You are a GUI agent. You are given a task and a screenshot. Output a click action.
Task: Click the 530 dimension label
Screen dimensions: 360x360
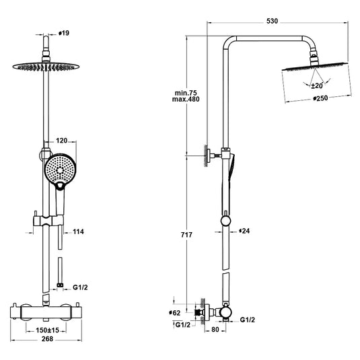pyautogui.click(x=272, y=22)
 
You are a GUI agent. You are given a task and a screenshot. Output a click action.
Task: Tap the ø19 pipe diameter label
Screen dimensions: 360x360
pyautogui.click(x=65, y=32)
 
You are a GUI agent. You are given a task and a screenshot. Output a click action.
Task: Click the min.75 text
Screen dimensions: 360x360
pyautogui.click(x=183, y=93)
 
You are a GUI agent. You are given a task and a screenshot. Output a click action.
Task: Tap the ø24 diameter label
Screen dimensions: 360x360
pyautogui.click(x=244, y=231)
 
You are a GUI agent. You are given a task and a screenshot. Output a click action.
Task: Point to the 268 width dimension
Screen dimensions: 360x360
pyautogui.click(x=45, y=339)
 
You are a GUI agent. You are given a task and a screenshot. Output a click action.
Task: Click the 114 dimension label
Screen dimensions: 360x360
pyautogui.click(x=79, y=231)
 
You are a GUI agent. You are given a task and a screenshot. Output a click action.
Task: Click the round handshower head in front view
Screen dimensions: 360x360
pyautogui.click(x=62, y=167)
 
